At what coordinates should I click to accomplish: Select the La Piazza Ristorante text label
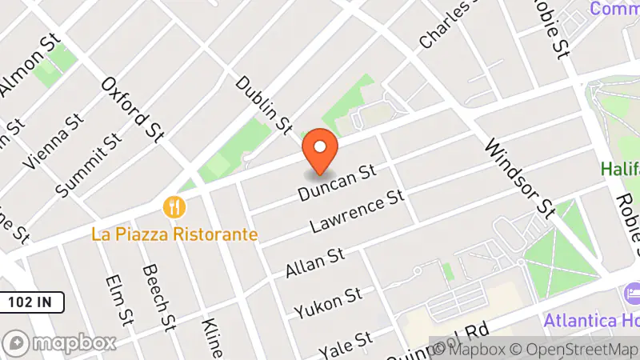[174, 234]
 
